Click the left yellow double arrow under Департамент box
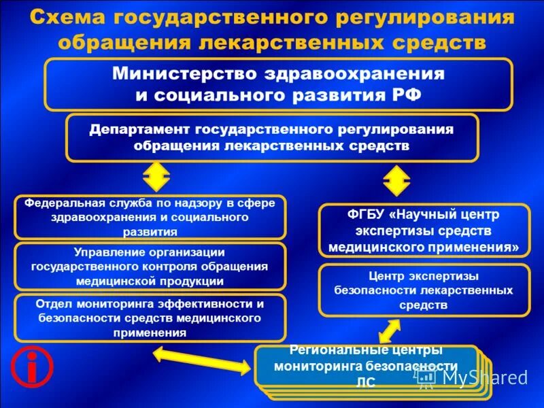[156, 180]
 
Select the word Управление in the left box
[109, 252]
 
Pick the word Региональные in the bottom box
[329, 350]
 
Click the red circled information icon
[31, 367]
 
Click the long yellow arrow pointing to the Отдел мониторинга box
[201, 361]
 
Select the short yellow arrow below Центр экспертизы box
[390, 330]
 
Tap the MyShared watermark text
[483, 377]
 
